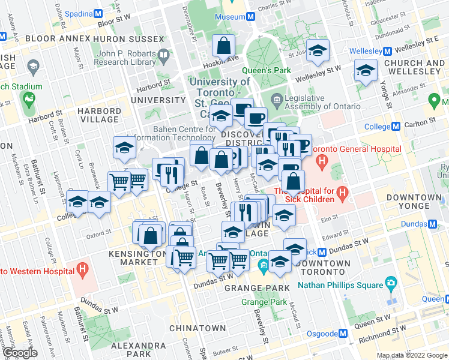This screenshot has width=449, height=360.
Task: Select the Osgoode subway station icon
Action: (x=343, y=333)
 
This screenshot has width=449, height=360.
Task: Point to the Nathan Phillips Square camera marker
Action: (x=391, y=282)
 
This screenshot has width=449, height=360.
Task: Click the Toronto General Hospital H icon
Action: (x=322, y=160)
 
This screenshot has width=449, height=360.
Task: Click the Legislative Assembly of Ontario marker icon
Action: (x=277, y=99)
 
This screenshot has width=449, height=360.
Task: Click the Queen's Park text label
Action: (x=270, y=70)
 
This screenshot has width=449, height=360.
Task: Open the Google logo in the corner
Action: (x=20, y=353)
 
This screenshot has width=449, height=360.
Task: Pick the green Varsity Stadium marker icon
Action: (x=28, y=98)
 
